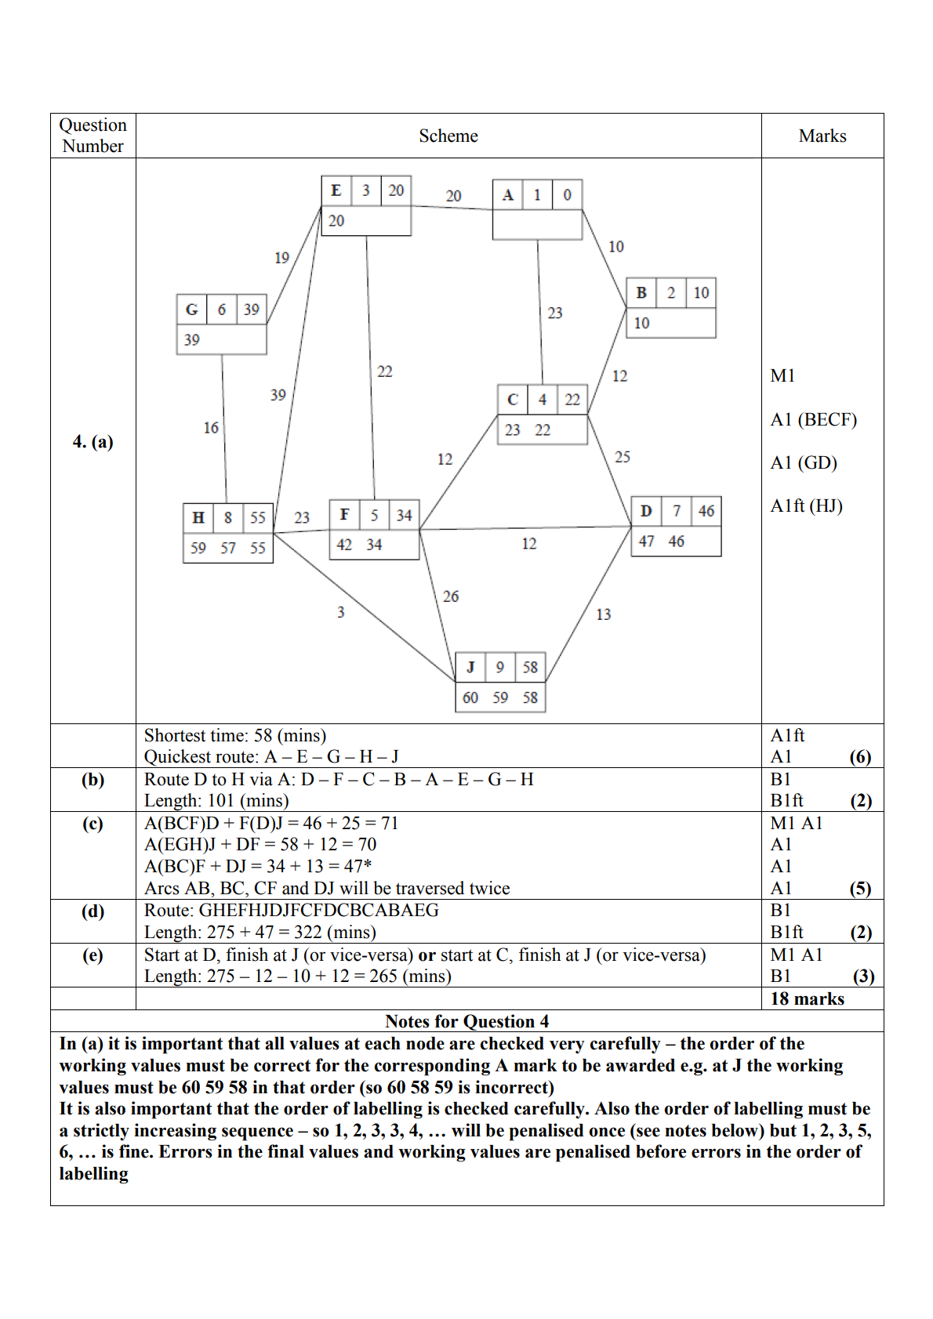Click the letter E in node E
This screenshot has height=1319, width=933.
[336, 190]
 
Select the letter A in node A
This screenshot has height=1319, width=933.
[507, 195]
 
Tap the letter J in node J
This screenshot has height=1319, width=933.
[470, 667]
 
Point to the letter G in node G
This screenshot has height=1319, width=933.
[191, 310]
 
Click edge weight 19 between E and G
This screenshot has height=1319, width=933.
[281, 258]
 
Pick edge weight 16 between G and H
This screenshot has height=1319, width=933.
[211, 428]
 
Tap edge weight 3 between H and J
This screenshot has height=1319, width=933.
[340, 612]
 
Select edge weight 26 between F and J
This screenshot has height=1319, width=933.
[451, 596]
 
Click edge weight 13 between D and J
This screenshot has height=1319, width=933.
[603, 614]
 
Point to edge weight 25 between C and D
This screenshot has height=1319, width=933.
[623, 457]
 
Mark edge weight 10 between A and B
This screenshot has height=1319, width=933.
[616, 247]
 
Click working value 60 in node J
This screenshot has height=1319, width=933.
[470, 698]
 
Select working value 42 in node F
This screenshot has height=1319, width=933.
[344, 545]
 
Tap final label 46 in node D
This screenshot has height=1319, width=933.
[706, 511]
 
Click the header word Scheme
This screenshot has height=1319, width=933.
[448, 136]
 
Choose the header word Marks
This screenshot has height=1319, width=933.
[822, 136]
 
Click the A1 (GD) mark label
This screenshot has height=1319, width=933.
[804, 463]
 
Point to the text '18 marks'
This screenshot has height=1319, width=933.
[807, 998]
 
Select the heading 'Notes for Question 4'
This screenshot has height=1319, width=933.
[466, 1021]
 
